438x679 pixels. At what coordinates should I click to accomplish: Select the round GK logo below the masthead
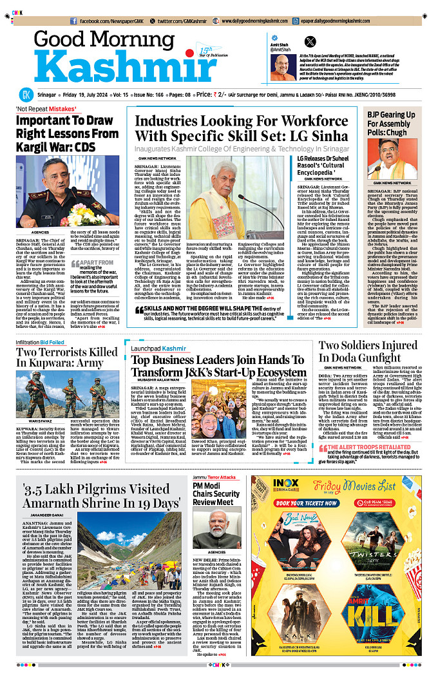click(24, 94)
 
